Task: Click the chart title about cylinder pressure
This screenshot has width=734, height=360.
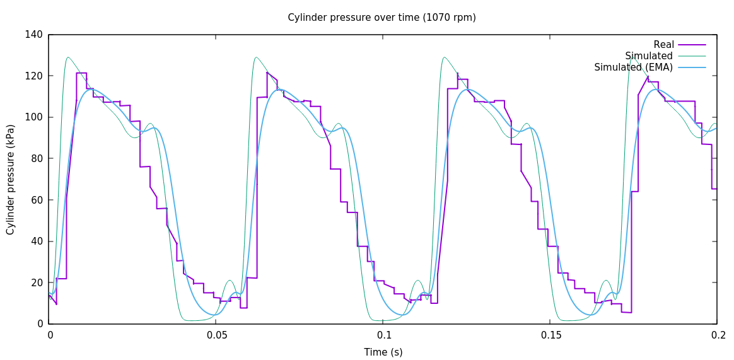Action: [382, 18]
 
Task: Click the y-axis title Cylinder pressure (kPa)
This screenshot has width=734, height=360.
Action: [11, 179]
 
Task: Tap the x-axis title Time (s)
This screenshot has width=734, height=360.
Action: [383, 352]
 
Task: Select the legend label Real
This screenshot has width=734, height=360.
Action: [663, 45]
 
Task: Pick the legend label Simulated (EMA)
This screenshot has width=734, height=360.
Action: [633, 67]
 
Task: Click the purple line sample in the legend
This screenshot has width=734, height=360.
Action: [692, 45]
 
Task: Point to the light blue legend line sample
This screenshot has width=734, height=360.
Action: [692, 67]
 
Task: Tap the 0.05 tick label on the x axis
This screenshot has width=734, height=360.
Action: [216, 335]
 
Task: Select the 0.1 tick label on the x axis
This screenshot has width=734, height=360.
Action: [383, 335]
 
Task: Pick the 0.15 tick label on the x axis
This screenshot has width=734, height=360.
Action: [550, 335]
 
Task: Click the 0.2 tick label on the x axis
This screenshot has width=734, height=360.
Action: [717, 335]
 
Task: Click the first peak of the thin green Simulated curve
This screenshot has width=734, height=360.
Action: [67, 57]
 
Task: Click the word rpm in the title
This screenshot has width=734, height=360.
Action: [465, 18]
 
